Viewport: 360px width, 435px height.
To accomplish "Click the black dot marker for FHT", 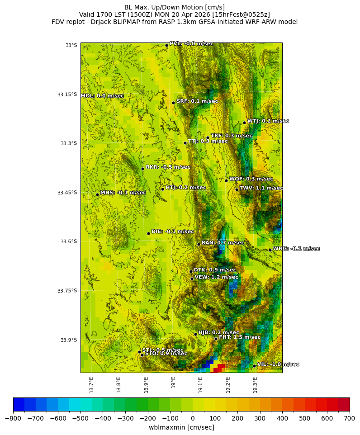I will tap(216, 339).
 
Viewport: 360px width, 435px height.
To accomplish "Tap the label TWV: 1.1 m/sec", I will tap(261, 188).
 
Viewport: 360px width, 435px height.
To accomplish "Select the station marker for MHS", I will tap(97, 195).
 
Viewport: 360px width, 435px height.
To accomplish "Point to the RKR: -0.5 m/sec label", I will tap(168, 167).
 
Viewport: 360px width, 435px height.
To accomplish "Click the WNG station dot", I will tap(270, 250).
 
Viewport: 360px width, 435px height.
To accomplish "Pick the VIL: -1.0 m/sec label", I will tap(278, 364).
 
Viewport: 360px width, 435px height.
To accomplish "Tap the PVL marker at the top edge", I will tap(166, 45).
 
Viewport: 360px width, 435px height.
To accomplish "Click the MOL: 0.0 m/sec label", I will tap(102, 96).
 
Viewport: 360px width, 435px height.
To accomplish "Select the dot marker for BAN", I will tap(199, 244).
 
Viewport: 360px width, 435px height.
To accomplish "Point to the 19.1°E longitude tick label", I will tap(200, 384).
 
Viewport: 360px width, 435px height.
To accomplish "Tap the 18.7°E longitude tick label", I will tap(91, 384).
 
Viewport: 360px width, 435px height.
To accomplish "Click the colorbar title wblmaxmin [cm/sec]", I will tap(181, 427).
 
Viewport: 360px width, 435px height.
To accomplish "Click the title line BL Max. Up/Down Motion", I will tap(175, 7).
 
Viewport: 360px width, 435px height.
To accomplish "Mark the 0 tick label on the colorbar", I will tap(193, 418).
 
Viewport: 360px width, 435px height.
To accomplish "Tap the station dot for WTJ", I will tap(244, 123).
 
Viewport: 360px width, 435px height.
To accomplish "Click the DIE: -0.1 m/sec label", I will tap(172, 232).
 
